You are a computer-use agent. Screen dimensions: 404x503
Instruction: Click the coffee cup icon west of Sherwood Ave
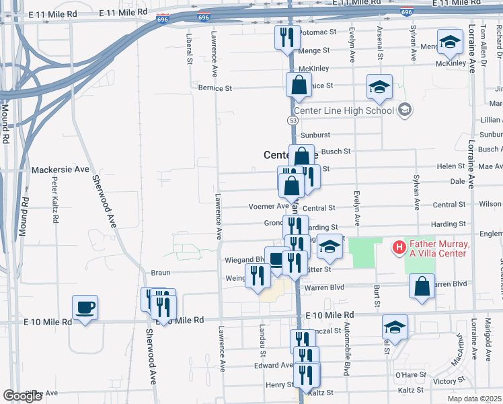[85, 308]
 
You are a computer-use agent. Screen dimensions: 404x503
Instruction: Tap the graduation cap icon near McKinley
[450, 43]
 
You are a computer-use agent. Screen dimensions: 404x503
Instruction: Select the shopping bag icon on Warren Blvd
[421, 286]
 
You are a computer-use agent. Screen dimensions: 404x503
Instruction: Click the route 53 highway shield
[293, 120]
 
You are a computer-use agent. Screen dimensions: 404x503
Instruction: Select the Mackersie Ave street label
[60, 169]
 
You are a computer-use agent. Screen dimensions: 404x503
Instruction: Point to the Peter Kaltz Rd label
[54, 193]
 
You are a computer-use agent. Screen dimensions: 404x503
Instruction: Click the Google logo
[22, 396]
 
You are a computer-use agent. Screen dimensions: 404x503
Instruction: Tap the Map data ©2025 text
[474, 399]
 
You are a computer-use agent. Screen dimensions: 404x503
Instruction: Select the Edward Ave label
[273, 366]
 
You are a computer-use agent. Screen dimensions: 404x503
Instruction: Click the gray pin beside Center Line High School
[404, 109]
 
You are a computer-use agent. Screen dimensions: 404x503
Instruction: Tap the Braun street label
[160, 273]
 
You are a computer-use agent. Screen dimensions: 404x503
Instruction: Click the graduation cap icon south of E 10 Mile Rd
[395, 328]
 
